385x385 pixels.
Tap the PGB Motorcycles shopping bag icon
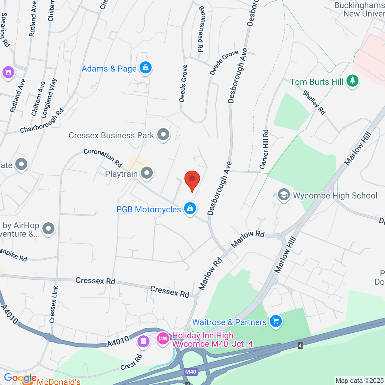pyautogui.click(x=190, y=209)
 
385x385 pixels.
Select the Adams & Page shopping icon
pyautogui.click(x=146, y=68)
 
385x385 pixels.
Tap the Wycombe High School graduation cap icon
pyautogui.click(x=284, y=195)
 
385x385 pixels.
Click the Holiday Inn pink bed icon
pyautogui.click(x=163, y=339)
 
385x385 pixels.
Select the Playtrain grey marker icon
pyautogui.click(x=147, y=173)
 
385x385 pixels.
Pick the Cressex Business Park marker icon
pyautogui.click(x=163, y=135)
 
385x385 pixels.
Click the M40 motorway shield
pyautogui.click(x=191, y=372)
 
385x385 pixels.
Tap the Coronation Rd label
pyautogui.click(x=103, y=157)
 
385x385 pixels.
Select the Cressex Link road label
pyautogui.click(x=54, y=304)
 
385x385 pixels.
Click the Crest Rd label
pyautogui.click(x=131, y=363)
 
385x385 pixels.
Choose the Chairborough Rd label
pyautogui.click(x=42, y=121)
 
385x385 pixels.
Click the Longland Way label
pyautogui.click(x=49, y=98)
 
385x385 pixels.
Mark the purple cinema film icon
pyautogui.click(x=143, y=341)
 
